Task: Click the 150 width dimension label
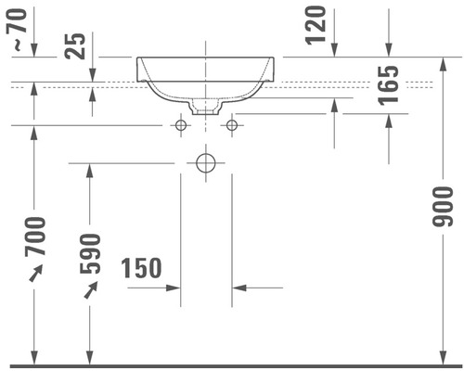pyautogui.click(x=141, y=269)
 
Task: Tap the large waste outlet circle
pyautogui.click(x=206, y=163)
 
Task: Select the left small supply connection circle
pyautogui.click(x=181, y=124)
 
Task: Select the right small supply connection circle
pyautogui.click(x=232, y=124)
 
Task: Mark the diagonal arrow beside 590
pyautogui.click(x=91, y=290)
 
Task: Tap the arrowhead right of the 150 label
pyautogui.click(x=238, y=288)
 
